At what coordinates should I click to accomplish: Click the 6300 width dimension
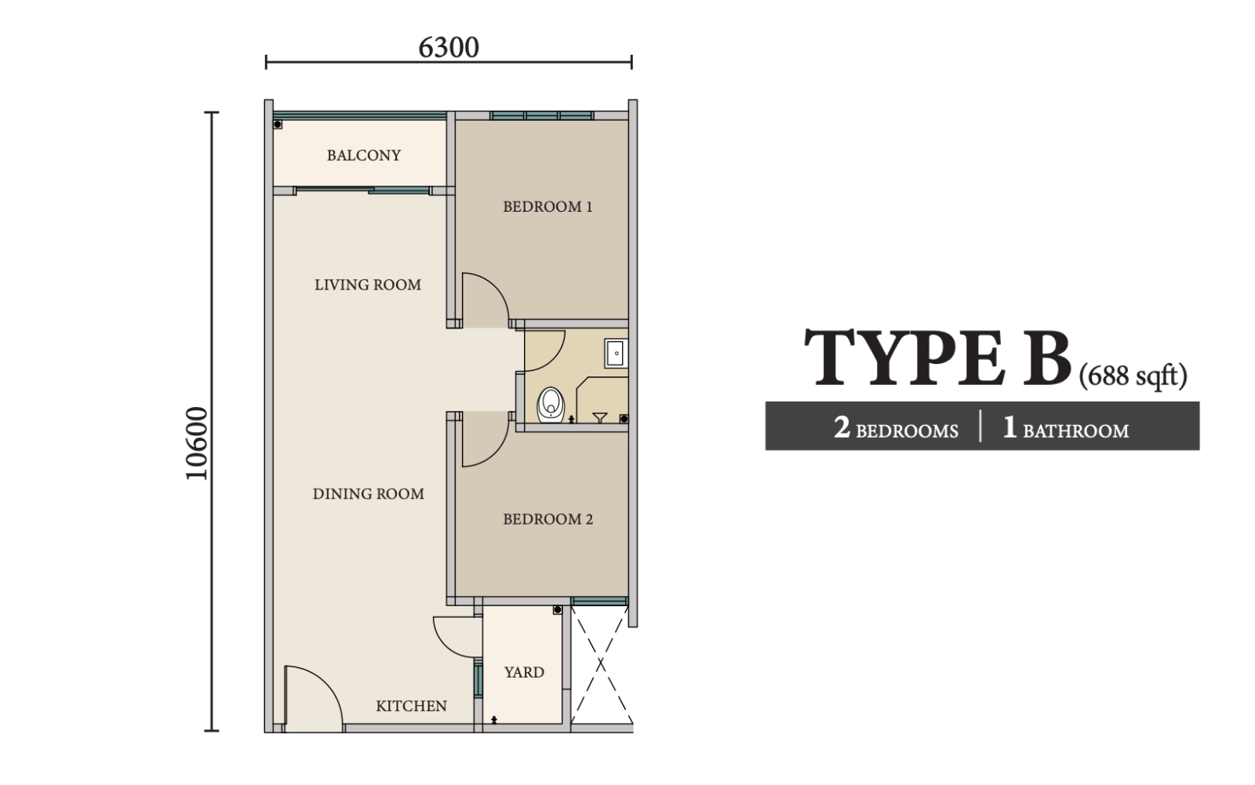coord(449,48)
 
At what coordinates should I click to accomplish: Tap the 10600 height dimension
coord(197,443)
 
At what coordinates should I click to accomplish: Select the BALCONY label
coord(364,155)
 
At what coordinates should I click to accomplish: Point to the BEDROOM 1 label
coord(547,207)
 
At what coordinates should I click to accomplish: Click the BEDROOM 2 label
coord(547,519)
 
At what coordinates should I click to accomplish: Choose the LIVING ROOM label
coord(368,285)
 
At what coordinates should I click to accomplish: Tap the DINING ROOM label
coord(368,493)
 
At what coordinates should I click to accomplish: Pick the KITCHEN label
coord(411,706)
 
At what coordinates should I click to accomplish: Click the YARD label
coord(524,672)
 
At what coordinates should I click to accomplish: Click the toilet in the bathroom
coord(551,405)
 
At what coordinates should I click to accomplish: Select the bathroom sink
coord(616,353)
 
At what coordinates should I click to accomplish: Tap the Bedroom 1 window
coord(542,116)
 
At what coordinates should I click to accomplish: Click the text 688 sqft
coord(1133,376)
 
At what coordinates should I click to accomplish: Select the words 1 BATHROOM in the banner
coord(1066,428)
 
